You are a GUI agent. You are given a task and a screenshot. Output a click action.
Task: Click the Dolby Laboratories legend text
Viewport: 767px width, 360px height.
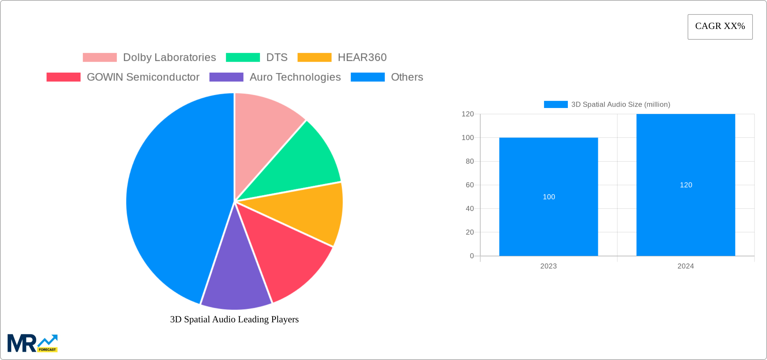169,58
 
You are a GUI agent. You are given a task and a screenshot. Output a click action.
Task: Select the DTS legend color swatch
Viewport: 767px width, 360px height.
243,58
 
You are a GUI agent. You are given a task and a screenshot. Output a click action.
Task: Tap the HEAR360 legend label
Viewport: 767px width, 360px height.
362,58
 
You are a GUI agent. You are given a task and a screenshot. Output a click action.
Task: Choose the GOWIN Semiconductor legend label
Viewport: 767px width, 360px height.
143,77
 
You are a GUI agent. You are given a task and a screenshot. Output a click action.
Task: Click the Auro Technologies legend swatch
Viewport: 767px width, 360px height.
226,77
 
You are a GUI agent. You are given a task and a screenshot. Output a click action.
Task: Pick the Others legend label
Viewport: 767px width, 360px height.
407,77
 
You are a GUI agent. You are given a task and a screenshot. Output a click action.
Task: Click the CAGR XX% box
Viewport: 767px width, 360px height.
720,27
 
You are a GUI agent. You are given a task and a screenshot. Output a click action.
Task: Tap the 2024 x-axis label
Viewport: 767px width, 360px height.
686,266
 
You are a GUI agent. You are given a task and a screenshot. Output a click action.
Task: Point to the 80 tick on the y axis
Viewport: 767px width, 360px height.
470,161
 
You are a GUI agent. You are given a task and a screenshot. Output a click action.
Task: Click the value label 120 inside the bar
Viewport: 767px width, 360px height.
686,185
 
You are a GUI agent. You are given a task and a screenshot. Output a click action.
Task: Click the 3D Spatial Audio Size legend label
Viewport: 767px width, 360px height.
620,105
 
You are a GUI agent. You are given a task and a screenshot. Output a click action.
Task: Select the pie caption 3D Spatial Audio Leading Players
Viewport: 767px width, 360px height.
234,319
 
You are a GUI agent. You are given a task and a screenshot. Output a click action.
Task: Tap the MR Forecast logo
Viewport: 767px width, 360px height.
33,343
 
